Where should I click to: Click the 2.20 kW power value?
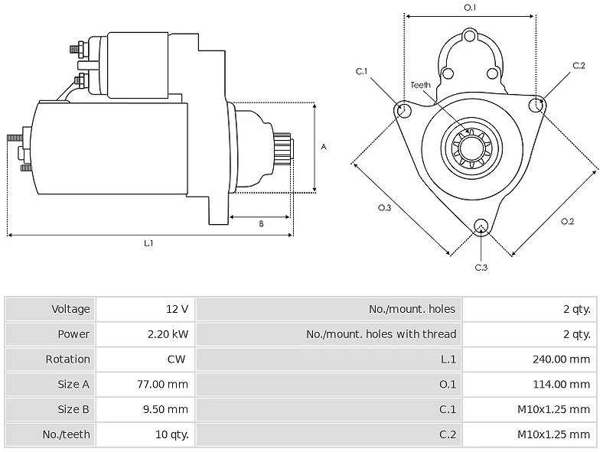(168, 334)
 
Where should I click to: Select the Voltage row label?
(70, 309)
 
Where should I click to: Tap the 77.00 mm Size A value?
(163, 384)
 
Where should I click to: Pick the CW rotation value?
(177, 359)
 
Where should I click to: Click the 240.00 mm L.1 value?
(561, 359)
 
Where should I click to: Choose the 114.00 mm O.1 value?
(561, 384)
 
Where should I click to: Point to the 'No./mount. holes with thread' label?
(381, 334)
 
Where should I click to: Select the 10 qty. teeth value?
(172, 434)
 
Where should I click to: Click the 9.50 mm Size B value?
(166, 409)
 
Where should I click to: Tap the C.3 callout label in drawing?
(481, 268)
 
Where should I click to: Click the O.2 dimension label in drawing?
(567, 221)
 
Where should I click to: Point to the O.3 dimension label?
(385, 208)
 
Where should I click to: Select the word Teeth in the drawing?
(420, 85)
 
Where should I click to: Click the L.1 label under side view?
(148, 243)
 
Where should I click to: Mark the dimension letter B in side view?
(261, 223)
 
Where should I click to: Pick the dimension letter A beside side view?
(324, 147)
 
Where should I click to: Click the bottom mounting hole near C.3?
(481, 226)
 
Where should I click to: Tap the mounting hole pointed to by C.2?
(536, 105)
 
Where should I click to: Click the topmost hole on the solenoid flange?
(470, 36)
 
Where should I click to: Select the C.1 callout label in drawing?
(361, 71)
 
